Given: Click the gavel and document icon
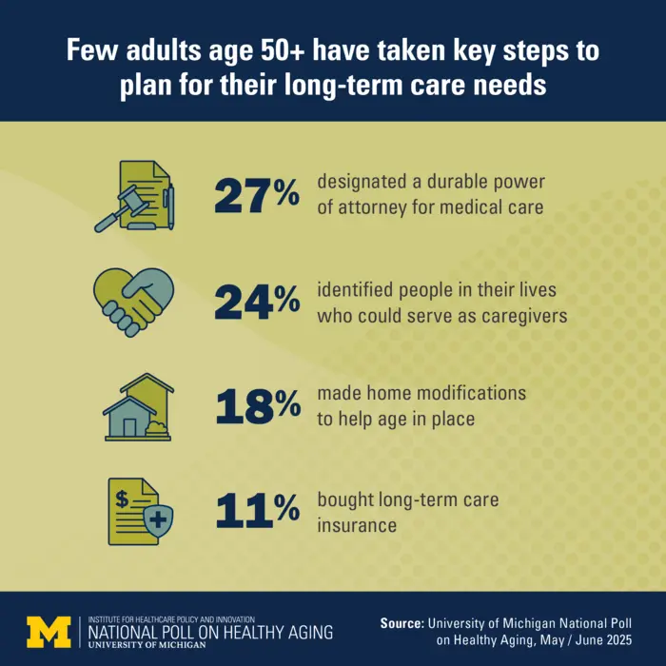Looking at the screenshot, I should point(134,195).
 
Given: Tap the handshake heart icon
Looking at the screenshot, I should point(134,300).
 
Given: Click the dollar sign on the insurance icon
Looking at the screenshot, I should point(122,495).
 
